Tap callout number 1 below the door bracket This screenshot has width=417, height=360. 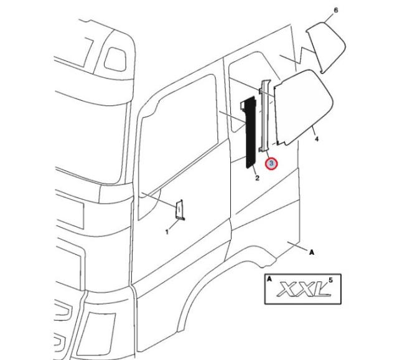click(x=167, y=232)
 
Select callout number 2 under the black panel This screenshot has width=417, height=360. click(x=256, y=179)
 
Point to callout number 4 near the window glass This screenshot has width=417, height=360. click(x=317, y=140)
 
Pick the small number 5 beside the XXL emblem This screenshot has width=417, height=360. click(x=330, y=280)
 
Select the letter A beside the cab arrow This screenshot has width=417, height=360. click(x=311, y=252)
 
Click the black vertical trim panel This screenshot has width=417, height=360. click(x=251, y=131)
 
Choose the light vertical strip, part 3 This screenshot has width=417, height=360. click(x=266, y=115)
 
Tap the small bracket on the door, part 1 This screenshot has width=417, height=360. click(x=180, y=210)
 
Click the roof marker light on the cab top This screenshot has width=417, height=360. click(x=116, y=57)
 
